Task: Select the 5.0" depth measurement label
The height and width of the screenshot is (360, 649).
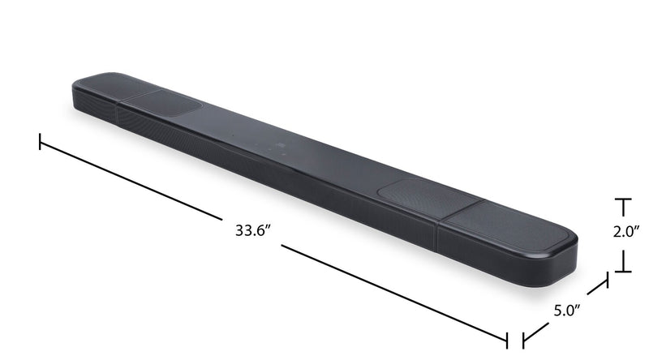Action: click(567, 310)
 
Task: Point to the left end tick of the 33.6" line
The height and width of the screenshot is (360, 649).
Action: click(40, 143)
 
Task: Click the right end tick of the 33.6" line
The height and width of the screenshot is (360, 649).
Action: click(508, 339)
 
